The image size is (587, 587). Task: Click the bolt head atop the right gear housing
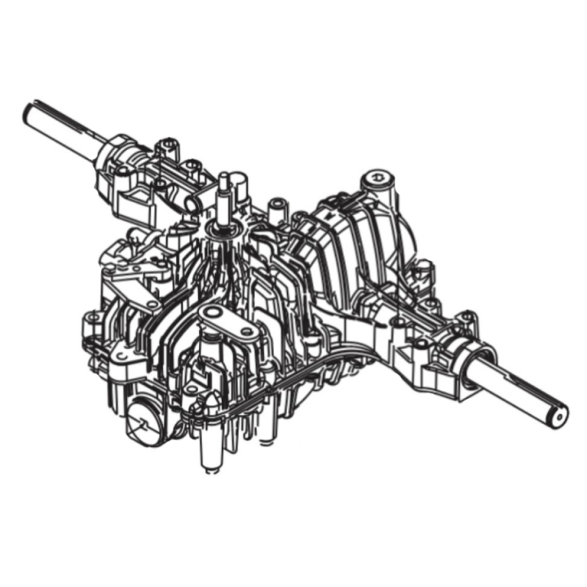coord(376,176)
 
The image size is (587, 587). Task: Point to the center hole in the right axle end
coord(558,417)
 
